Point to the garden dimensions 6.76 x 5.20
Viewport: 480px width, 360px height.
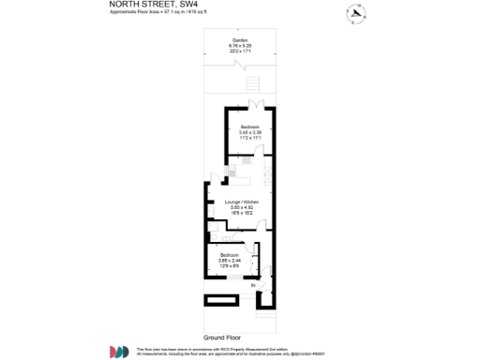point(241,46)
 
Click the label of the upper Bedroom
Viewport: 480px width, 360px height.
point(249,127)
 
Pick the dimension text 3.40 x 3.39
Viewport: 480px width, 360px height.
point(249,133)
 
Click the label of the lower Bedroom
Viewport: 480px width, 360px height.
point(230,255)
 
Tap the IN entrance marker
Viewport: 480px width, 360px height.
point(252,283)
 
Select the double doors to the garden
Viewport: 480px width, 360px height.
point(254,105)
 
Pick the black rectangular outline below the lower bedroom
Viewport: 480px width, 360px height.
point(222,299)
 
